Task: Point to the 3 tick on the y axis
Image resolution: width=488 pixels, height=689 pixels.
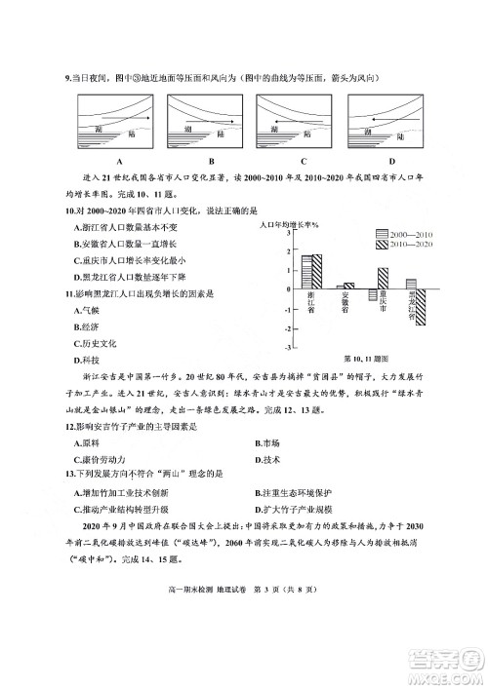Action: [x=287, y=233]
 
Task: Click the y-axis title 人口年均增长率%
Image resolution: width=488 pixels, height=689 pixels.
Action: [x=292, y=223]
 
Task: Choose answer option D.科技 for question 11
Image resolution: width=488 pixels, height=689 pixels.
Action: [x=88, y=361]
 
